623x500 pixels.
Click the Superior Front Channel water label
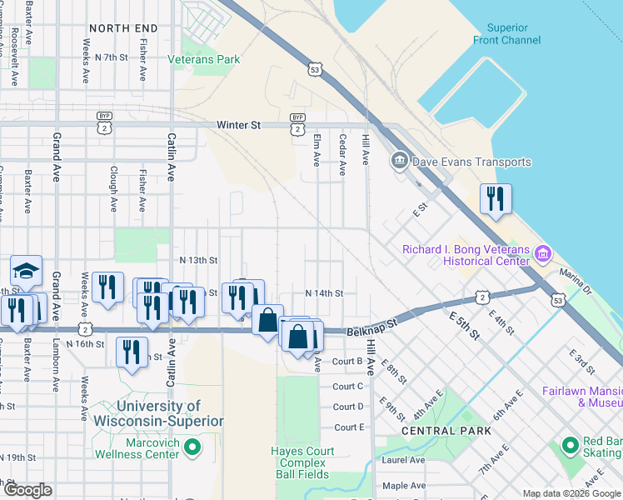click(514, 33)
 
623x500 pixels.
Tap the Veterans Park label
click(203, 59)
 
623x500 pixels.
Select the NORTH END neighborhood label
click(123, 28)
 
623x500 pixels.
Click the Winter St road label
click(238, 125)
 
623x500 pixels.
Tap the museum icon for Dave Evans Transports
click(398, 160)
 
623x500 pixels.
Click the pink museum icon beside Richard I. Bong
click(543, 252)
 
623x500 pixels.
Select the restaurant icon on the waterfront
click(496, 198)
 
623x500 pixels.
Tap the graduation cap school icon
click(26, 270)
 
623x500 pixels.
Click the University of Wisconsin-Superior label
click(158, 413)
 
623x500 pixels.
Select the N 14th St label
click(324, 293)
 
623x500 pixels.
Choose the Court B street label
click(347, 362)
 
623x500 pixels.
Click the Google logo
click(28, 490)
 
